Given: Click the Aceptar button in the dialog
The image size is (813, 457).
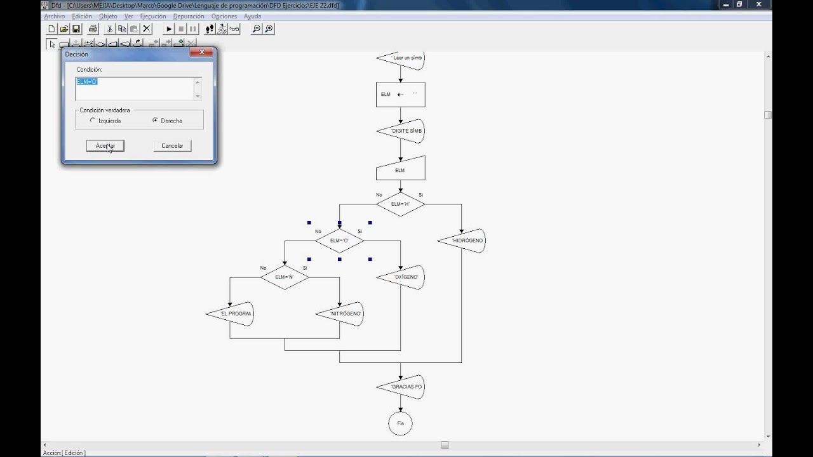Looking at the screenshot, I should click(x=105, y=146).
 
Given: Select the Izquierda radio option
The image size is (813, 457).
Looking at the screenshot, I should click(x=93, y=121).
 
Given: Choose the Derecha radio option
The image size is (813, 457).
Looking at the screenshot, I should click(x=155, y=121).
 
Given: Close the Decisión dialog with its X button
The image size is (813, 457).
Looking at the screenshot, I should click(x=201, y=53).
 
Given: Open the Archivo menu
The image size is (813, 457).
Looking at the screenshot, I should click(x=54, y=16).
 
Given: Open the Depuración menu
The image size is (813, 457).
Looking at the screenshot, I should click(x=189, y=16).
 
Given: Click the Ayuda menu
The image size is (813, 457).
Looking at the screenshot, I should click(x=252, y=16).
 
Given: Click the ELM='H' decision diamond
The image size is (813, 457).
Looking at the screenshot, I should click(x=400, y=204).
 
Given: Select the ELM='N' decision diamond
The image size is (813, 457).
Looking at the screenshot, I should click(x=284, y=277).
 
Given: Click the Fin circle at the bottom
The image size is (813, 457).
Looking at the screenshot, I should click(x=400, y=423).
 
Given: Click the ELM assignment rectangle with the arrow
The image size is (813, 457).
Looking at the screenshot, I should click(x=400, y=95).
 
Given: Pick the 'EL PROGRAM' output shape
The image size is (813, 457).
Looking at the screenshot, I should click(x=232, y=314).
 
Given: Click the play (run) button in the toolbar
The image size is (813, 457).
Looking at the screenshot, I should click(x=169, y=29).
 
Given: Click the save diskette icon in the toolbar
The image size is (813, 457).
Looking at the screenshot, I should click(x=76, y=29).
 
